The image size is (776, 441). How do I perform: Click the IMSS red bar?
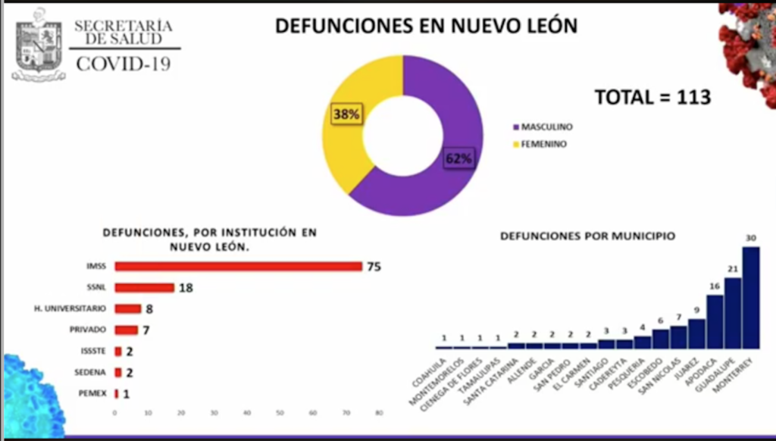[238, 266]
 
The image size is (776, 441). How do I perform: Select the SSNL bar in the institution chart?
[144, 287]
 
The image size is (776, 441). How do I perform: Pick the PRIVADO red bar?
[126, 330]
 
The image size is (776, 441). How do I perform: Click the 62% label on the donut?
[458, 158]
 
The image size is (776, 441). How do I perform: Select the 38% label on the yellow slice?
[346, 114]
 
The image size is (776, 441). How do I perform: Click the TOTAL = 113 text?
[652, 98]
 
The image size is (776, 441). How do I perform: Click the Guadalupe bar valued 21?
[732, 312]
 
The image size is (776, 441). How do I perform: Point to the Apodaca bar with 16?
[715, 321]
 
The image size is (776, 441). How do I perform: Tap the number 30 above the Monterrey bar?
[750, 238]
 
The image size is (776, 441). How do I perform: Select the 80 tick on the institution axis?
[379, 413]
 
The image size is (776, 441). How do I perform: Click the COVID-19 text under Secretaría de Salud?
[124, 64]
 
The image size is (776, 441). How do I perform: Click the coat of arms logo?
[39, 44]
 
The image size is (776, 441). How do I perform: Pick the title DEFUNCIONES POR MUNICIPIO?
[587, 236]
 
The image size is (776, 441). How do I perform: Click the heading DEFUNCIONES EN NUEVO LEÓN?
[426, 26]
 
